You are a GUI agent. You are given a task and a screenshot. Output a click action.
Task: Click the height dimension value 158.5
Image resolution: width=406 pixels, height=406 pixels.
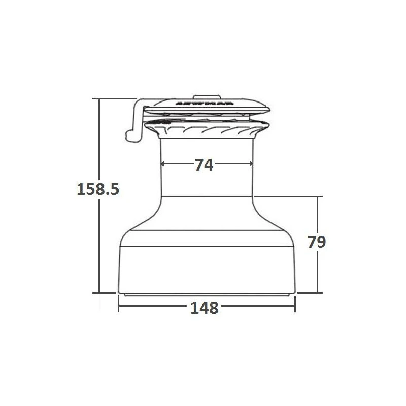coord(98,189)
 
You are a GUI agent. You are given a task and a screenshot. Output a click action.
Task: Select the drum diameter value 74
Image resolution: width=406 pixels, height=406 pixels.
coord(204,164)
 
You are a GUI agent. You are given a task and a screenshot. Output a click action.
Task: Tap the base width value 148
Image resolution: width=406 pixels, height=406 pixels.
coord(205,308)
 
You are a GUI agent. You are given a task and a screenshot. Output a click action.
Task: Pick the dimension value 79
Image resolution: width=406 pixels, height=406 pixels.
coord(317,242)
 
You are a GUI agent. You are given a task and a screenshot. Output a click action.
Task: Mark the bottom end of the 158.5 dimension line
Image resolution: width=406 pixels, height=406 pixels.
coord(99,293)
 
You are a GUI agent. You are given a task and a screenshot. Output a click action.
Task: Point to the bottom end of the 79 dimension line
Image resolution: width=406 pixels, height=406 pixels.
coord(318,293)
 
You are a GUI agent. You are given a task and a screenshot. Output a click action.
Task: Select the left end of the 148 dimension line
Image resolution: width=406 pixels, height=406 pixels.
coord(119,308)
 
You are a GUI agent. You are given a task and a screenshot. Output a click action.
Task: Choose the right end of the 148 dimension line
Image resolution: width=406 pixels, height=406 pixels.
coord(295,308)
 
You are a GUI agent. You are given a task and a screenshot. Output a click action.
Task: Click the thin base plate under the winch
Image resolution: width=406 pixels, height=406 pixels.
coord(206,294)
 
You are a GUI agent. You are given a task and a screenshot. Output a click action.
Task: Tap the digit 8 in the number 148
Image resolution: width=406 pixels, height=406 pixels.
coord(213,308)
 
